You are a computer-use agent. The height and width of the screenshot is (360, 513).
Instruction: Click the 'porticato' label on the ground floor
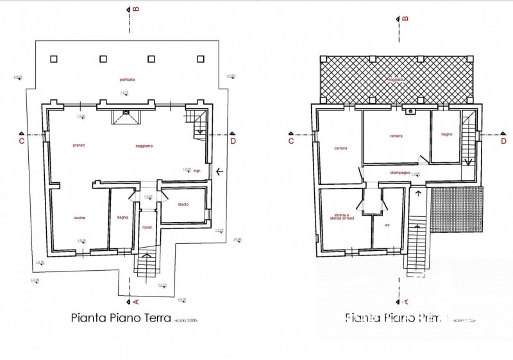click(127, 79)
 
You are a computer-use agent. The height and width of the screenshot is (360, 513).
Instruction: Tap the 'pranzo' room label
click(80, 146)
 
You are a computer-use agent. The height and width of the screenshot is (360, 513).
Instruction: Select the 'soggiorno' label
click(144, 146)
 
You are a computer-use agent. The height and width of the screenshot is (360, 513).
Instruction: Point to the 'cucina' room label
click(80, 218)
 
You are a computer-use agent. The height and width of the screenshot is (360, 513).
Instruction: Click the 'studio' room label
click(183, 205)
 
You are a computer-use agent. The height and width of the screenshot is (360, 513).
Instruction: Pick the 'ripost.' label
click(147, 227)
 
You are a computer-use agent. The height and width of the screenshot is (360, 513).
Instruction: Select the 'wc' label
click(388, 225)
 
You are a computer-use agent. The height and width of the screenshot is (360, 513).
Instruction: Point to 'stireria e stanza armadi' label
click(344, 218)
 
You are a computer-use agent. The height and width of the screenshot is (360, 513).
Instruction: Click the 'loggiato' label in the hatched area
click(398, 80)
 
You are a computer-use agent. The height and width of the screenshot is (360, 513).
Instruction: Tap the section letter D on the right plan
click(503, 140)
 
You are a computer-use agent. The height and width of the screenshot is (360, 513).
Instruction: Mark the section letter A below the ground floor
click(137, 301)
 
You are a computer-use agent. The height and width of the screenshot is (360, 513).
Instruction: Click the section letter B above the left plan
click(137, 9)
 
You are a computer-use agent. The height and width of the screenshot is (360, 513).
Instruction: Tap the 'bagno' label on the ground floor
click(123, 218)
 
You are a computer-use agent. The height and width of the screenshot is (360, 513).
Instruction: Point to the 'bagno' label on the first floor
click(447, 134)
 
